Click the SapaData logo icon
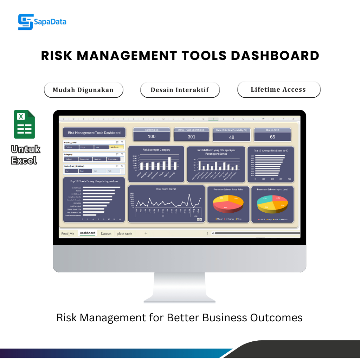pyautogui.click(x=26, y=22)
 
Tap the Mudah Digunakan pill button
pyautogui.click(x=83, y=90)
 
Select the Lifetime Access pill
pyautogui.click(x=278, y=89)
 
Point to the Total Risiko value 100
pyautogui.click(x=152, y=136)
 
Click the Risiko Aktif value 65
pyautogui.click(x=272, y=137)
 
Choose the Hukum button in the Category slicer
pyautogui.click(x=70, y=159)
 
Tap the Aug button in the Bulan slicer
pyautogui.click(x=84, y=171)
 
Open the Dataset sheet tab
pyautogui.click(x=106, y=233)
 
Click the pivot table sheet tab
pyautogui.click(x=125, y=233)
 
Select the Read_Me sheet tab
pyautogui.click(x=67, y=233)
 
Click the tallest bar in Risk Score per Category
pyautogui.click(x=169, y=163)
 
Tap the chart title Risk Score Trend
pyautogui.click(x=166, y=189)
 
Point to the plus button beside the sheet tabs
pyautogui.click(x=146, y=233)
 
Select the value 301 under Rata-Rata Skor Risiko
pyautogui.click(x=191, y=137)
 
